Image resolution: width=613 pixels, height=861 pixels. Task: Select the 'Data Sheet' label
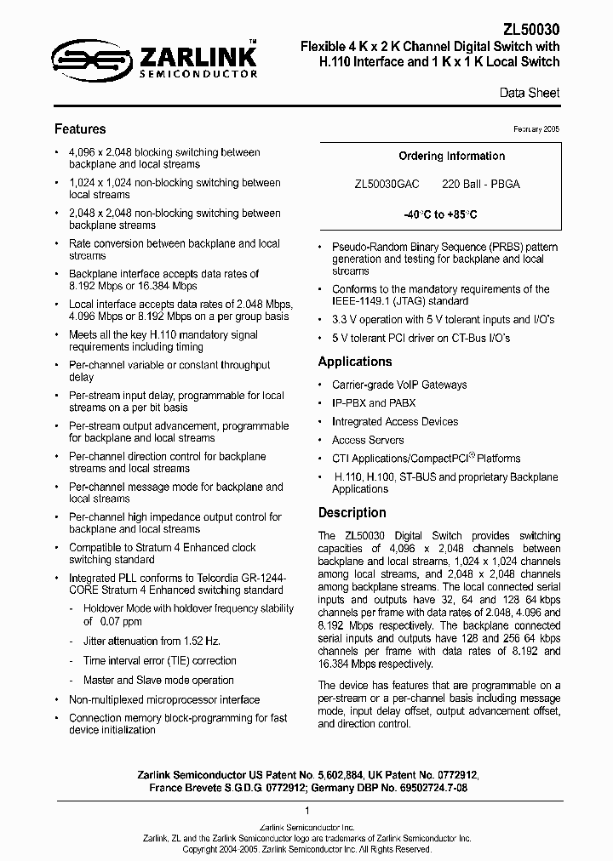[530, 93]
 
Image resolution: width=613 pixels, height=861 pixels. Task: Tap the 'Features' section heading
[80, 129]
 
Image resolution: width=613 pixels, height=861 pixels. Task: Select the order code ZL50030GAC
[387, 184]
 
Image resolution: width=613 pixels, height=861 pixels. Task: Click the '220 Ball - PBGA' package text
[481, 184]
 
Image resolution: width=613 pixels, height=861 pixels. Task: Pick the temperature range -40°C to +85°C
[439, 214]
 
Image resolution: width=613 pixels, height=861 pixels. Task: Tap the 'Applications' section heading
[355, 362]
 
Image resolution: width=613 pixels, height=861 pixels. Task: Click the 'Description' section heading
[352, 513]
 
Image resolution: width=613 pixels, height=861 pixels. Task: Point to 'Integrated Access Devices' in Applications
[395, 422]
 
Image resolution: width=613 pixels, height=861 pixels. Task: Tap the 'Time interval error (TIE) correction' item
[159, 661]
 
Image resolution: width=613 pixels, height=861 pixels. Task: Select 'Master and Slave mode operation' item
[158, 681]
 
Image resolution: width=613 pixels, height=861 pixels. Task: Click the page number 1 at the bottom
[306, 811]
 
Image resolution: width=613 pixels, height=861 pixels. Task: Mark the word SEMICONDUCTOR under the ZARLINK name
[198, 75]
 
